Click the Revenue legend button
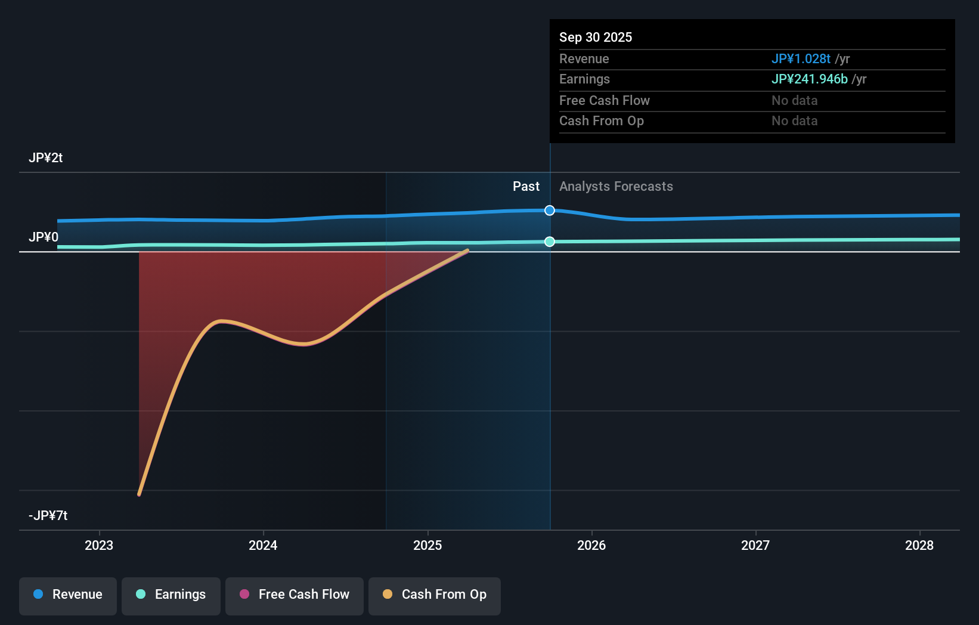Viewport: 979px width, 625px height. click(x=68, y=595)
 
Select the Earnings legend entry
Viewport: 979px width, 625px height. click(x=171, y=595)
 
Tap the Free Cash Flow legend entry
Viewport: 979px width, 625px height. click(x=295, y=595)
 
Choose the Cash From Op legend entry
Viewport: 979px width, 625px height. click(x=435, y=595)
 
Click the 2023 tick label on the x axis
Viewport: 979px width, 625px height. click(x=99, y=546)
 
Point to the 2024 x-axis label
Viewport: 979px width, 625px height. click(x=263, y=546)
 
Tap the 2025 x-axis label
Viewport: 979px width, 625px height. click(x=427, y=546)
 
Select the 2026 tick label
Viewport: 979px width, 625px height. click(x=591, y=546)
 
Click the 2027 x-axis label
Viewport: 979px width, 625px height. click(x=755, y=546)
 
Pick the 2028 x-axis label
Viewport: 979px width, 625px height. click(x=919, y=546)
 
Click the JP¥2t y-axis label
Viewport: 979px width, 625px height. click(x=46, y=158)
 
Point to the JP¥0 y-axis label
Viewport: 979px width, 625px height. click(x=44, y=237)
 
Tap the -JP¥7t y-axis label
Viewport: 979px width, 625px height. click(x=48, y=516)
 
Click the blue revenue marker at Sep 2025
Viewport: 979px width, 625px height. click(x=550, y=211)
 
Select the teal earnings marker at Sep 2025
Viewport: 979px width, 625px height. click(x=550, y=242)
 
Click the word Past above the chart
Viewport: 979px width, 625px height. click(x=526, y=187)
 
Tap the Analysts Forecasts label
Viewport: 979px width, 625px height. click(x=616, y=187)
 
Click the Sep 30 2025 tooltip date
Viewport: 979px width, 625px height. click(x=596, y=38)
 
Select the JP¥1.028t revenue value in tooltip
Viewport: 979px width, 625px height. click(x=801, y=59)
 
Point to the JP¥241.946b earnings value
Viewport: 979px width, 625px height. click(x=809, y=79)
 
